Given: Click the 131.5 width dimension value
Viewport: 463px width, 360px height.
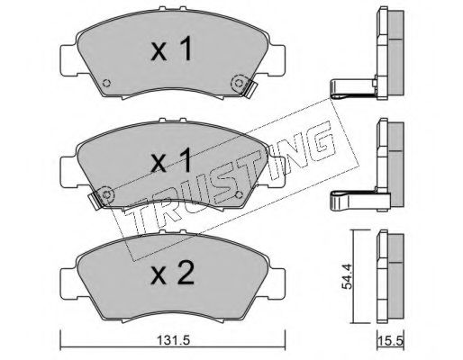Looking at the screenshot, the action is click(173, 340).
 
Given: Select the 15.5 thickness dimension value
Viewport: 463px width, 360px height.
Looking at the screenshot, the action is click(391, 341).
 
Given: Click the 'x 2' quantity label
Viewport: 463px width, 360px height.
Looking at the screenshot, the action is click(173, 274).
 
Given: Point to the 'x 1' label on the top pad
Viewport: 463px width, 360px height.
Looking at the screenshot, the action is click(171, 49).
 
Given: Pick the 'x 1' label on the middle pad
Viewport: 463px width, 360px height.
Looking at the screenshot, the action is click(171, 160).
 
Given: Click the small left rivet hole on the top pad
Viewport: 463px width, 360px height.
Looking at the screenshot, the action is click(106, 83).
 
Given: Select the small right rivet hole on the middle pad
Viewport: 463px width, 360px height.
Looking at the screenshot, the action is click(240, 194).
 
